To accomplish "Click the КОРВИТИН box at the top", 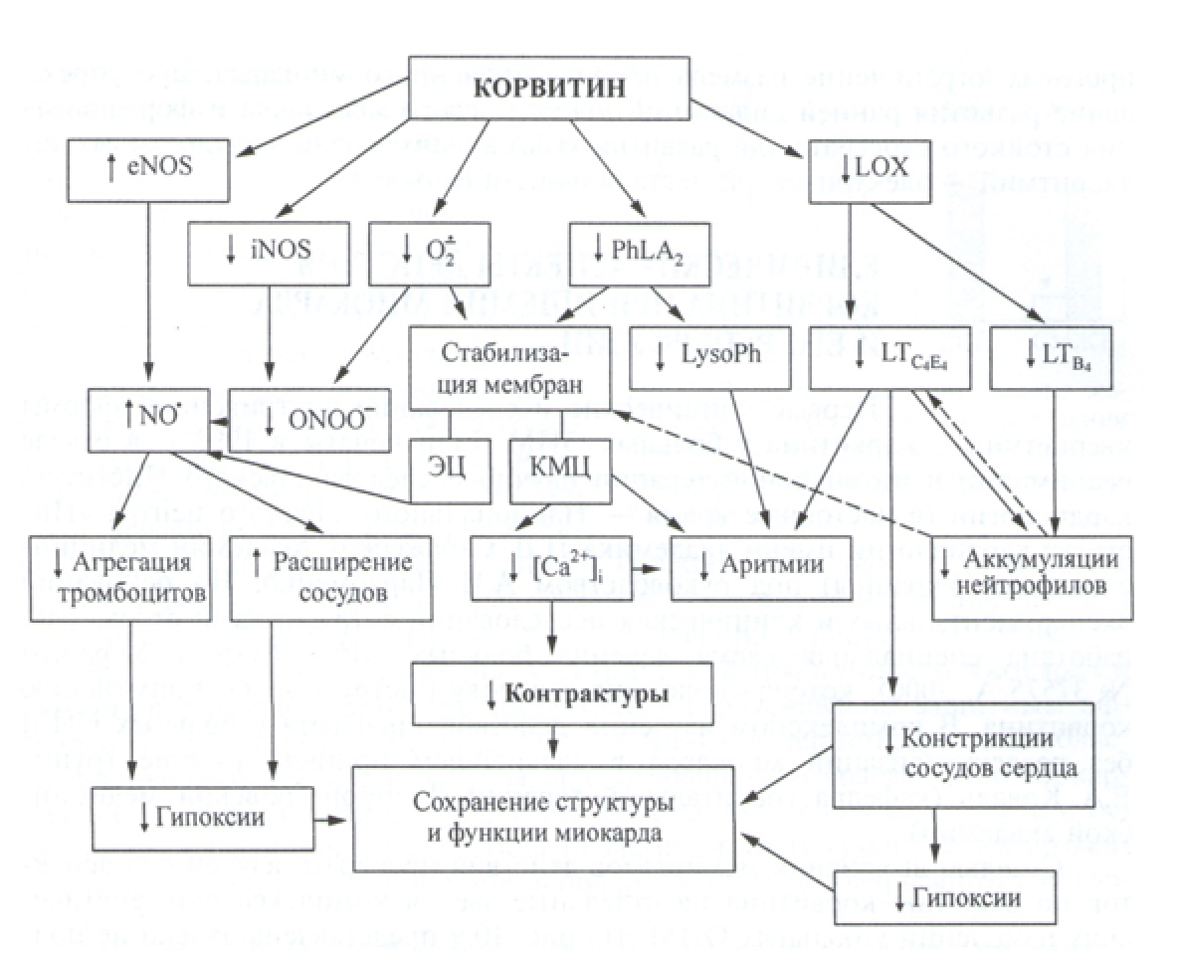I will [x=549, y=87].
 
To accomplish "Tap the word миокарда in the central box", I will [x=616, y=832].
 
